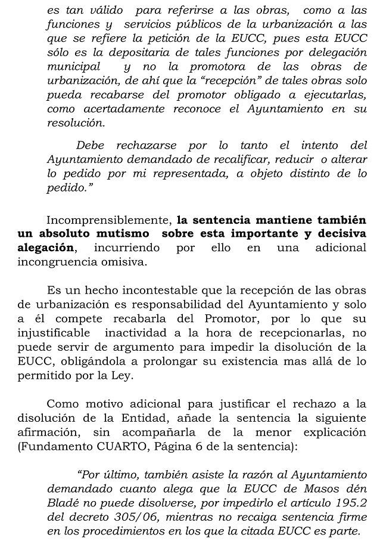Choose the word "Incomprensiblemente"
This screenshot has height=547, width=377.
[106, 219]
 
